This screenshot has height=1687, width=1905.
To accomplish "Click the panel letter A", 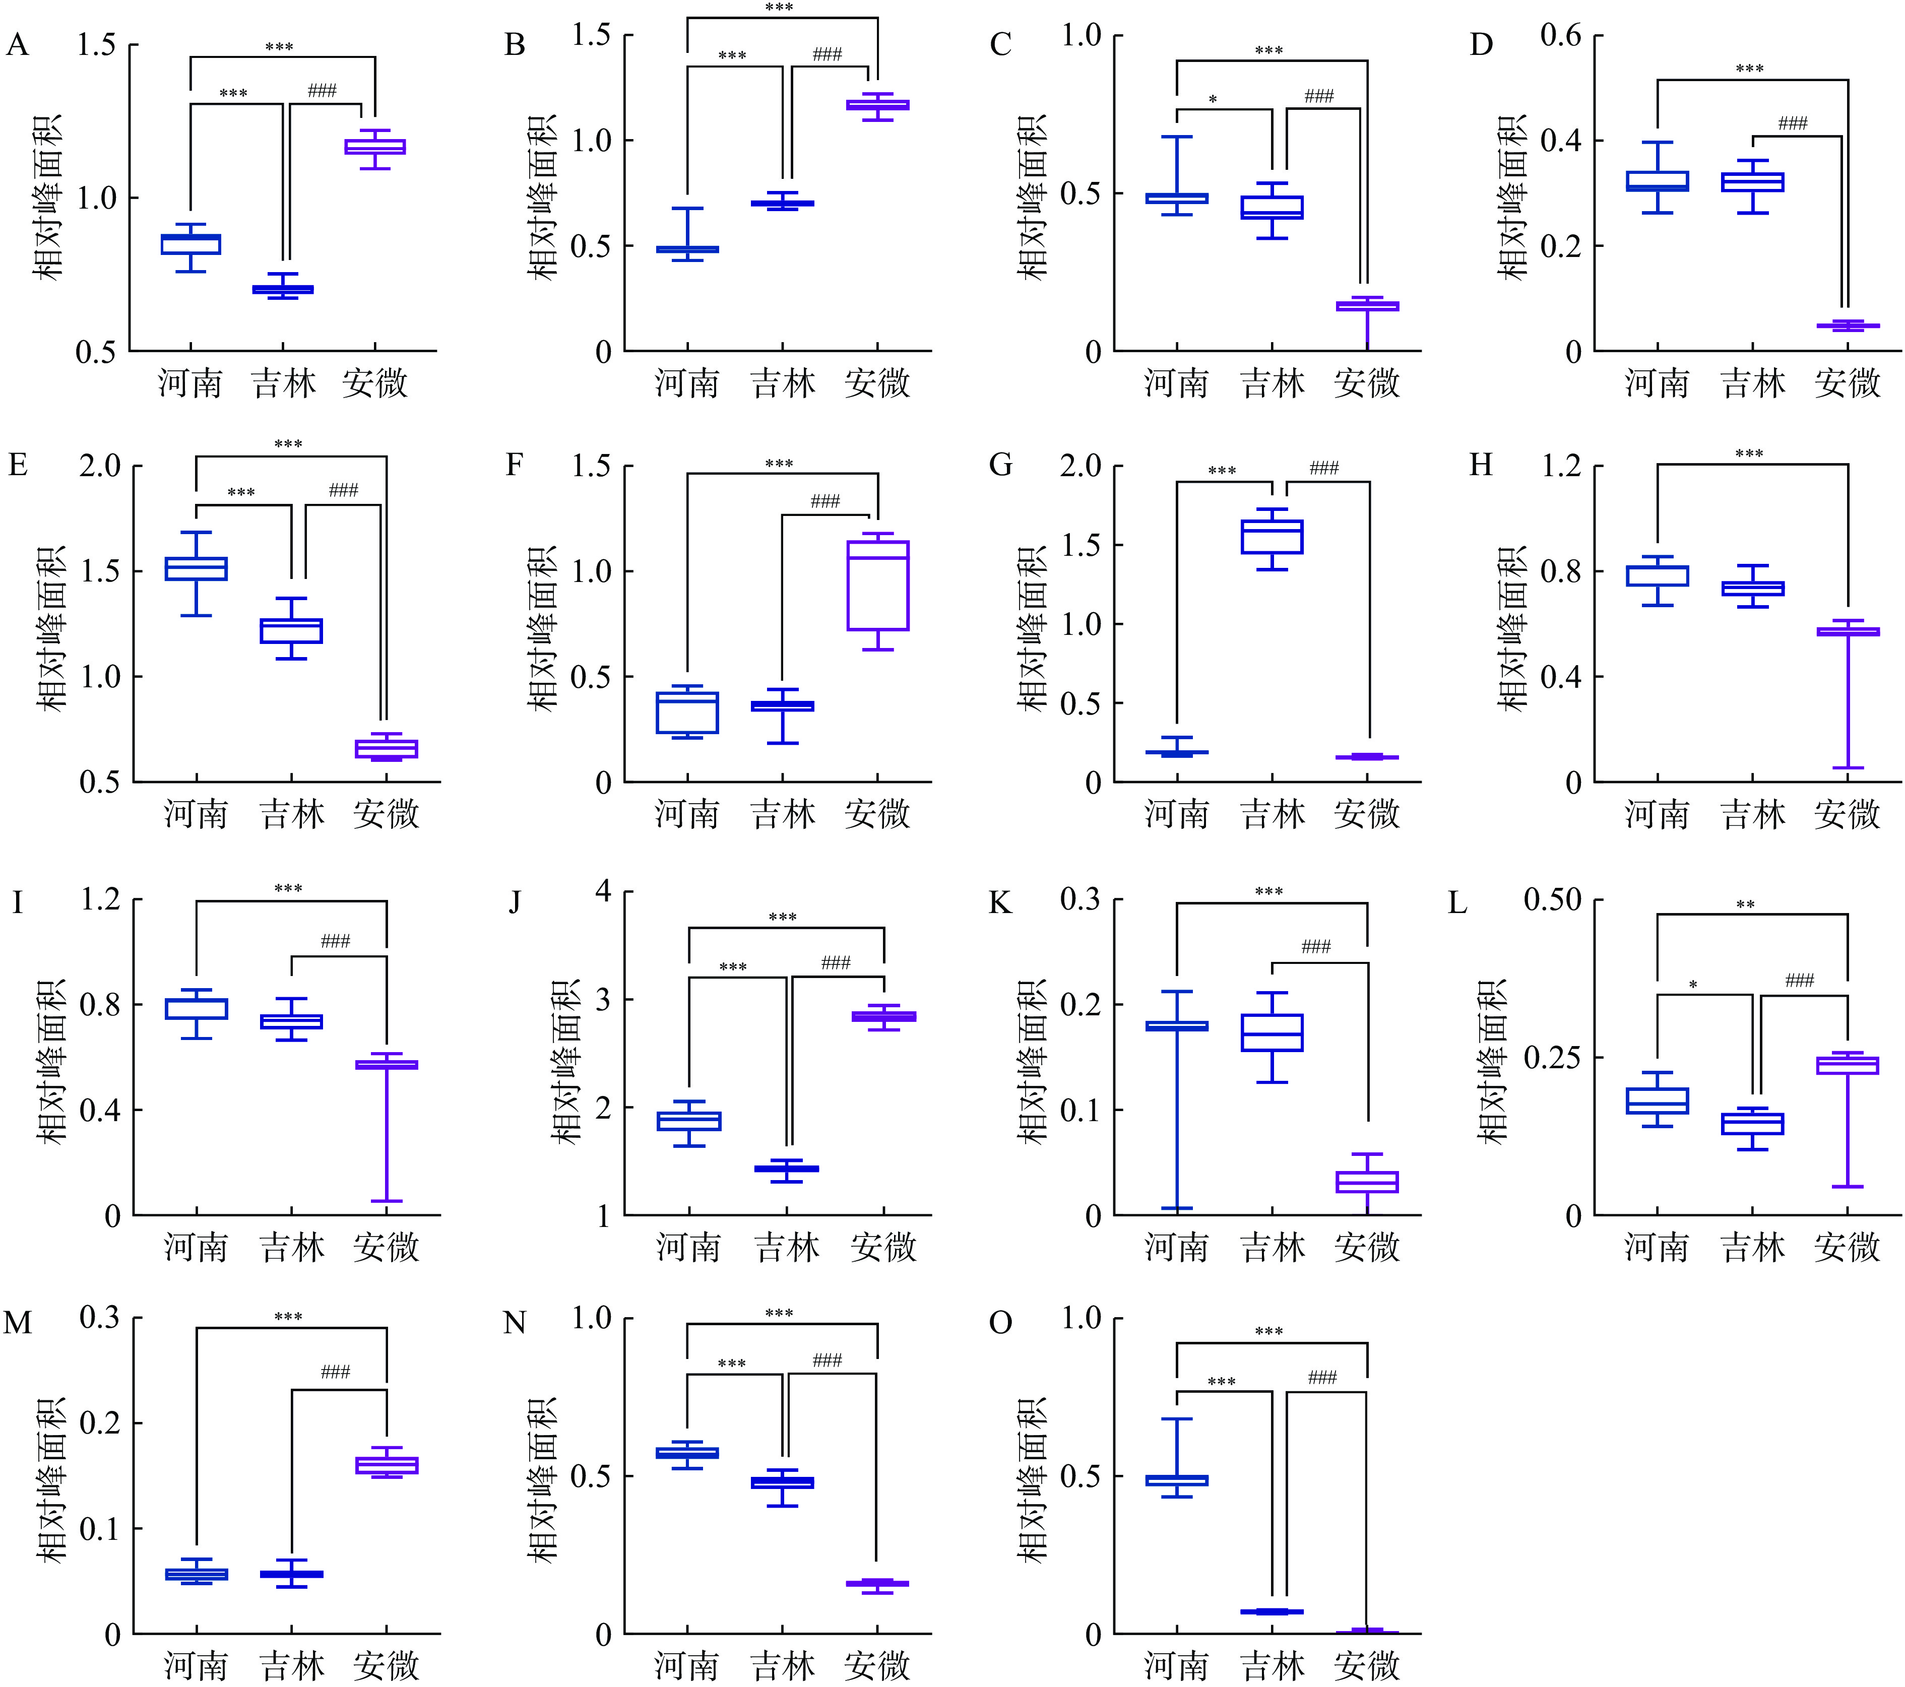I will point(18,45).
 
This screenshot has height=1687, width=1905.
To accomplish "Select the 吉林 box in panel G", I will point(1272,537).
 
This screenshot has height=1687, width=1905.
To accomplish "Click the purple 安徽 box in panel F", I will point(878,586).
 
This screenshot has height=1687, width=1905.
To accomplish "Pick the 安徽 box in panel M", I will point(387,1465).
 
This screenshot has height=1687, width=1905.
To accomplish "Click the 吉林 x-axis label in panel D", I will point(1752,383).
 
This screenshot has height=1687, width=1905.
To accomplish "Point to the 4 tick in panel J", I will point(603,892).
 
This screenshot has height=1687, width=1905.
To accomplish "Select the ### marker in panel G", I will point(1323,468).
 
